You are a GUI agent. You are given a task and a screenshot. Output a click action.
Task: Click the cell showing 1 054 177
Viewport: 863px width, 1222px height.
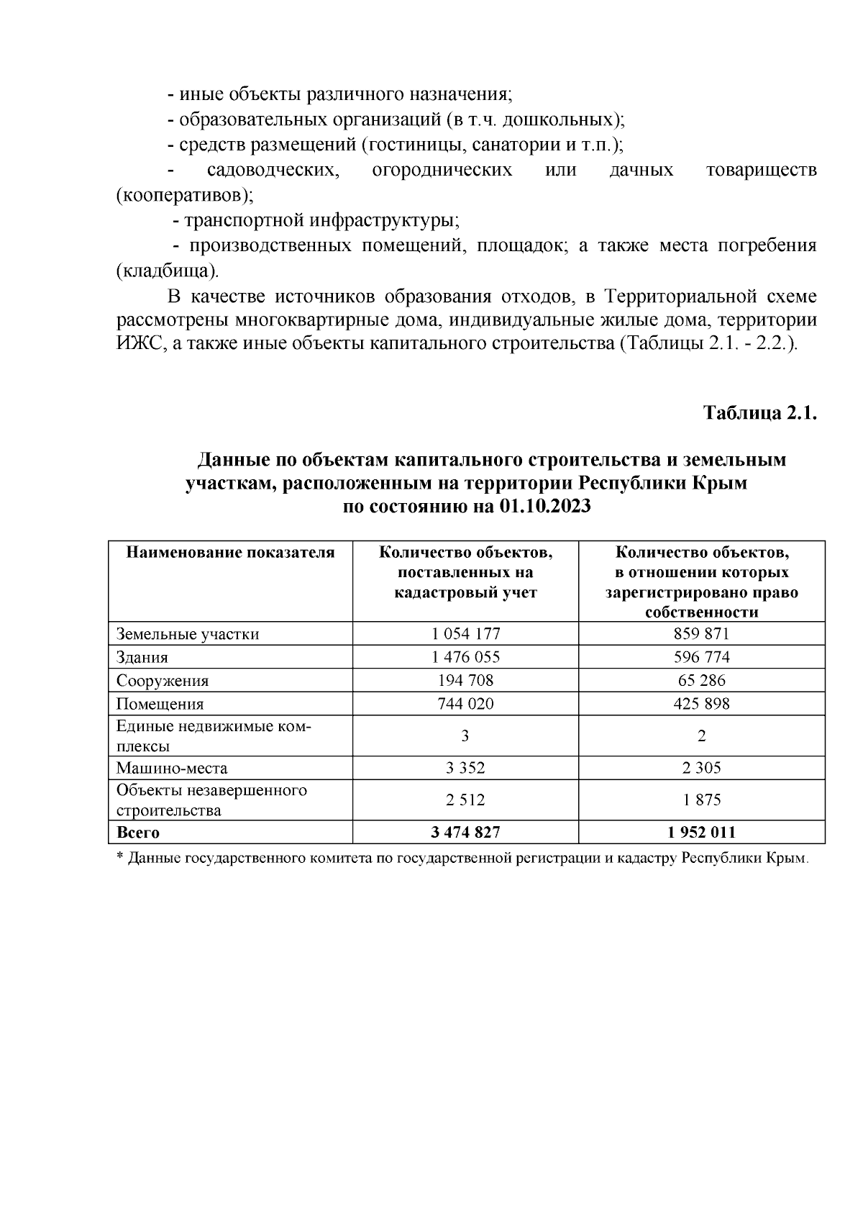tap(465, 633)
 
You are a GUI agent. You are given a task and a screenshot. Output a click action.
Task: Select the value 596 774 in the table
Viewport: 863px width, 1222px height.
tap(701, 656)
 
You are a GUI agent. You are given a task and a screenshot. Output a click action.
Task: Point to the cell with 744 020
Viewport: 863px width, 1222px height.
tap(465, 703)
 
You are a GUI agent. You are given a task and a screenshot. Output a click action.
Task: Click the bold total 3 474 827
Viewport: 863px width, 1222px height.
tap(465, 832)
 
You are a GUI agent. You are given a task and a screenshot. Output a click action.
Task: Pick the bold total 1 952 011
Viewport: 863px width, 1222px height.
tap(701, 832)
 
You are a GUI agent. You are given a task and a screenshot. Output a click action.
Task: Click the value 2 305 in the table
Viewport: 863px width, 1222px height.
tap(701, 767)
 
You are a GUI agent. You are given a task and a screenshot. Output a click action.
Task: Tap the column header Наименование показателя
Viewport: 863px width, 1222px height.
tap(230, 553)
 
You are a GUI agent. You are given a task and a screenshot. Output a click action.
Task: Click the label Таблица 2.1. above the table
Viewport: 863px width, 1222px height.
tap(760, 414)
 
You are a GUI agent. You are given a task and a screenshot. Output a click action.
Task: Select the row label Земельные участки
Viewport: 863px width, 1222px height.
tap(188, 634)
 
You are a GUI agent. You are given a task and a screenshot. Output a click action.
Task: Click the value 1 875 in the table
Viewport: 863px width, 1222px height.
tap(701, 800)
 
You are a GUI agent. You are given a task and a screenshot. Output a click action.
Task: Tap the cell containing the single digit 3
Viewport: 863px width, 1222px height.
tap(465, 736)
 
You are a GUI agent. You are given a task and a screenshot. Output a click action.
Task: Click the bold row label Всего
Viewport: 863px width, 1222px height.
tap(138, 833)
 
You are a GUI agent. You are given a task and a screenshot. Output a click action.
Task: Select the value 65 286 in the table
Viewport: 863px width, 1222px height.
tap(701, 680)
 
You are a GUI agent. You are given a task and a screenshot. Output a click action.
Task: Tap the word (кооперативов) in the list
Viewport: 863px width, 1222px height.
tap(185, 195)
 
